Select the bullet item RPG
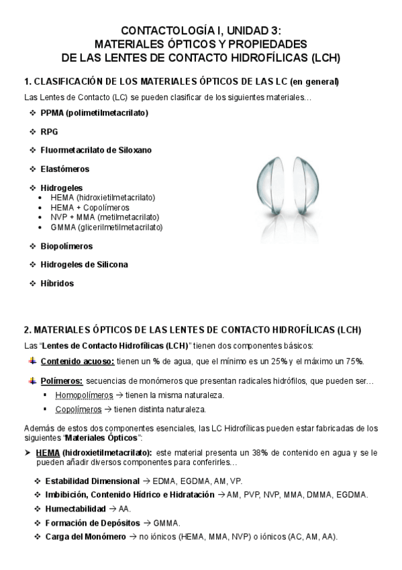point(49,132)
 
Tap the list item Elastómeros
point(64,169)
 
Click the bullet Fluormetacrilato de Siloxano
point(95,151)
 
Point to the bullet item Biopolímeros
point(66,246)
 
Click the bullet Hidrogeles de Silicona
point(84,265)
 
